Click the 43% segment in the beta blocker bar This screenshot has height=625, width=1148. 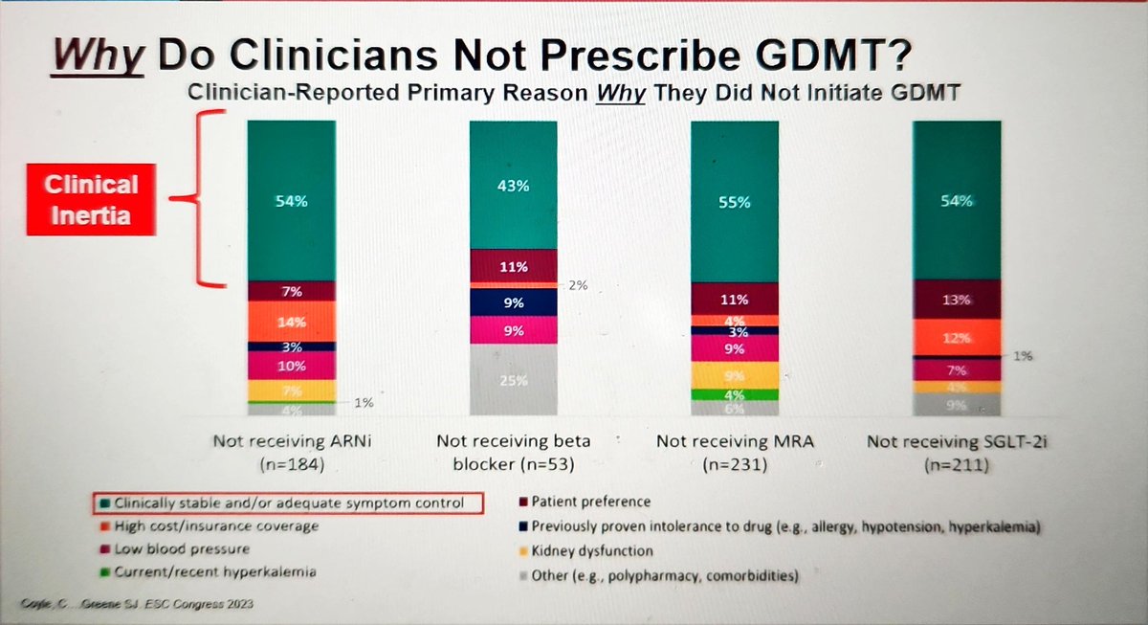tap(513, 187)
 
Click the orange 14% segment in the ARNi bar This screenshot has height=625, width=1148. tap(291, 323)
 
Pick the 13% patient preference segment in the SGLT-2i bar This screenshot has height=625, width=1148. tap(957, 300)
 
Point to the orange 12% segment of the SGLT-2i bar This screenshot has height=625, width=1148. tap(957, 338)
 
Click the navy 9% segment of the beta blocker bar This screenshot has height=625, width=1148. tap(513, 303)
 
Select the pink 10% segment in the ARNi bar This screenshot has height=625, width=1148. tap(291, 366)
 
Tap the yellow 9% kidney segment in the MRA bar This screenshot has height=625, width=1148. tap(736, 375)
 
